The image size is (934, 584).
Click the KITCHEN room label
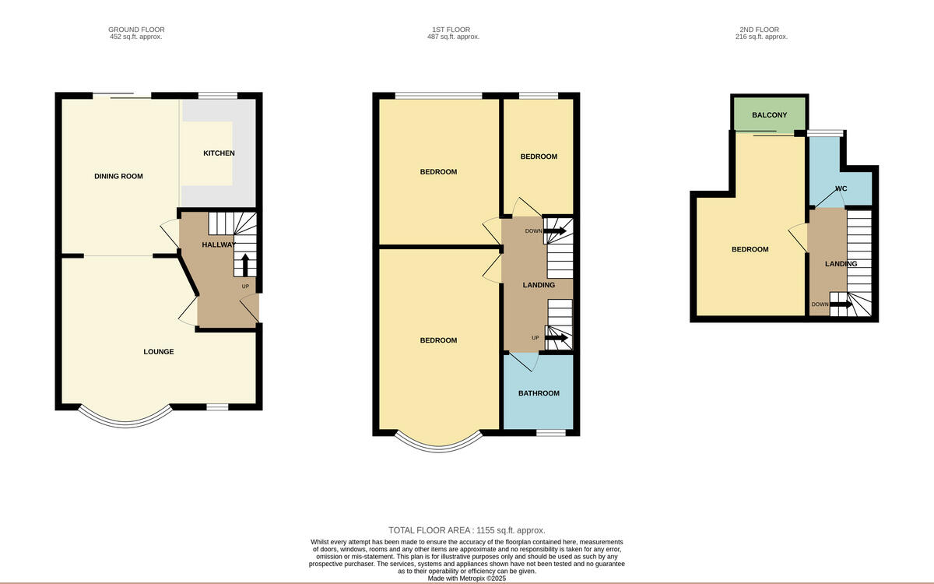(x=219, y=153)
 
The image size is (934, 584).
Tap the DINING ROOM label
(x=118, y=176)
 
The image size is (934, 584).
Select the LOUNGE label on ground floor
(x=159, y=352)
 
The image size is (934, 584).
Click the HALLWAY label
(x=219, y=245)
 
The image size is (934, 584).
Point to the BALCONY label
(x=769, y=115)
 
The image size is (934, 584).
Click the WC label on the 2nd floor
(x=841, y=188)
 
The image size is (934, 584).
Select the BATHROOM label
(x=539, y=393)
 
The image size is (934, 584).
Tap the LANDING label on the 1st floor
(x=539, y=285)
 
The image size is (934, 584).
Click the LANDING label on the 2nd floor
(x=841, y=264)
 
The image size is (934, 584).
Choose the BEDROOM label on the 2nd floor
(x=750, y=249)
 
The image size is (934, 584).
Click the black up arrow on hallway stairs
(x=245, y=266)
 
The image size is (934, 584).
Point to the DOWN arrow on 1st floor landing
(x=555, y=230)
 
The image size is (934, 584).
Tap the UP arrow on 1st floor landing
(x=555, y=337)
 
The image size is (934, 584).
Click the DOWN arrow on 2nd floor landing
(x=841, y=304)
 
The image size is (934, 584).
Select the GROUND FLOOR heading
(x=136, y=30)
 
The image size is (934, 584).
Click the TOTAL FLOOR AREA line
(x=467, y=529)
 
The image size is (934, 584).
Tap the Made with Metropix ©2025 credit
(x=467, y=579)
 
